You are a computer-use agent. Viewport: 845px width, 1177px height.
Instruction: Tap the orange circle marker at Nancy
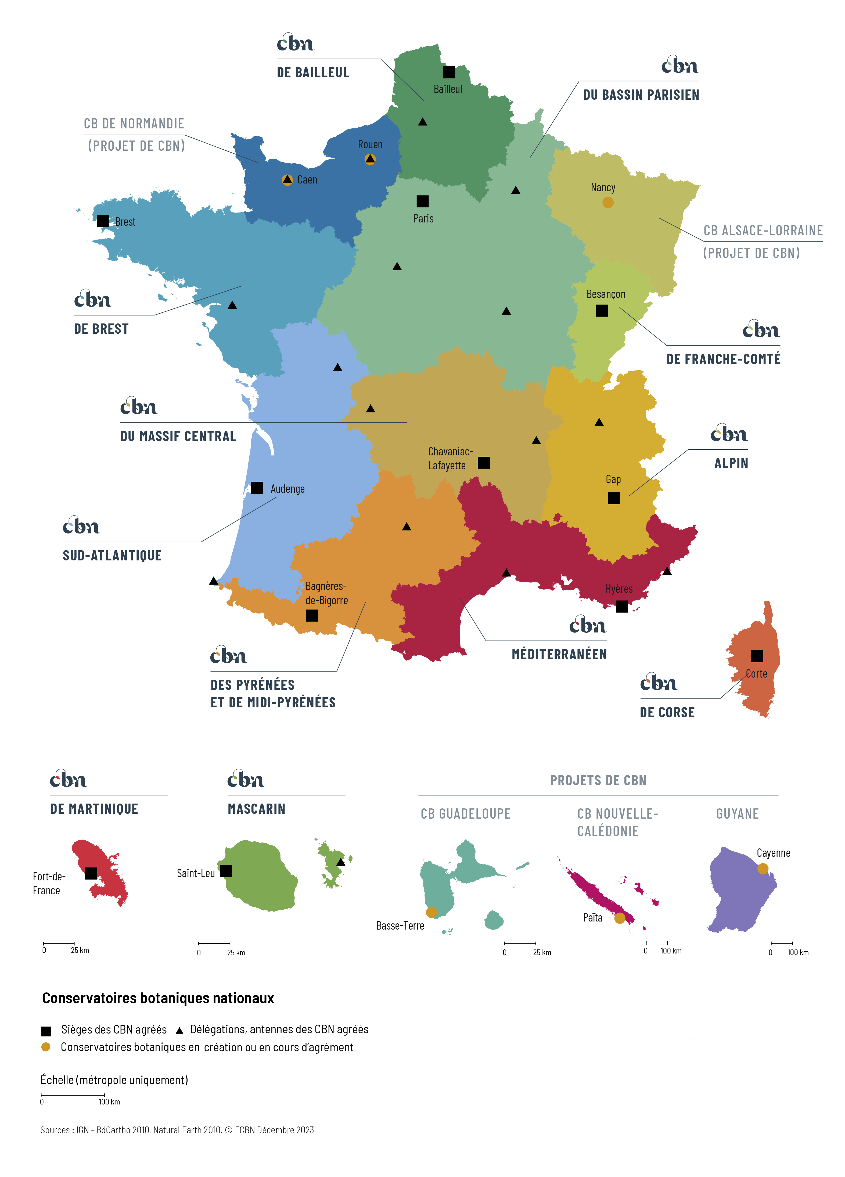pos(607,202)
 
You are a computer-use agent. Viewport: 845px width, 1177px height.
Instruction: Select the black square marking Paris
pos(422,201)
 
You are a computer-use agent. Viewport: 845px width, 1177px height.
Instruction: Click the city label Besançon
pos(605,294)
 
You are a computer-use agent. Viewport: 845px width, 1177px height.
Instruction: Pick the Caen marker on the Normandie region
pos(287,179)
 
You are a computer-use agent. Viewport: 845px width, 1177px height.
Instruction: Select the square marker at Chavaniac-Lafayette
pos(483,462)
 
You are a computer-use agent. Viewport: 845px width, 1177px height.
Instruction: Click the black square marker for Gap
pos(613,498)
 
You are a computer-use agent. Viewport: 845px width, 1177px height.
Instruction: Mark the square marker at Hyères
pos(621,606)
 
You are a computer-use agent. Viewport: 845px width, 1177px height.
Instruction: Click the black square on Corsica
pos(757,656)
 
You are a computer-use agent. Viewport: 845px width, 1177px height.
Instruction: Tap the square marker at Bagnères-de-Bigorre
pos(312,616)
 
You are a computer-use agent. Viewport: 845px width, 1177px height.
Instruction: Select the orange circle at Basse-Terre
pos(431,912)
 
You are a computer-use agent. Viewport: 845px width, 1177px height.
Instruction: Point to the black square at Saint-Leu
pos(226,871)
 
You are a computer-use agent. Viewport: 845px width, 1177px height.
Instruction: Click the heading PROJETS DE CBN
pos(598,780)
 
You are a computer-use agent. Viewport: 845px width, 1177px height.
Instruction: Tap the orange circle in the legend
pos(46,1047)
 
